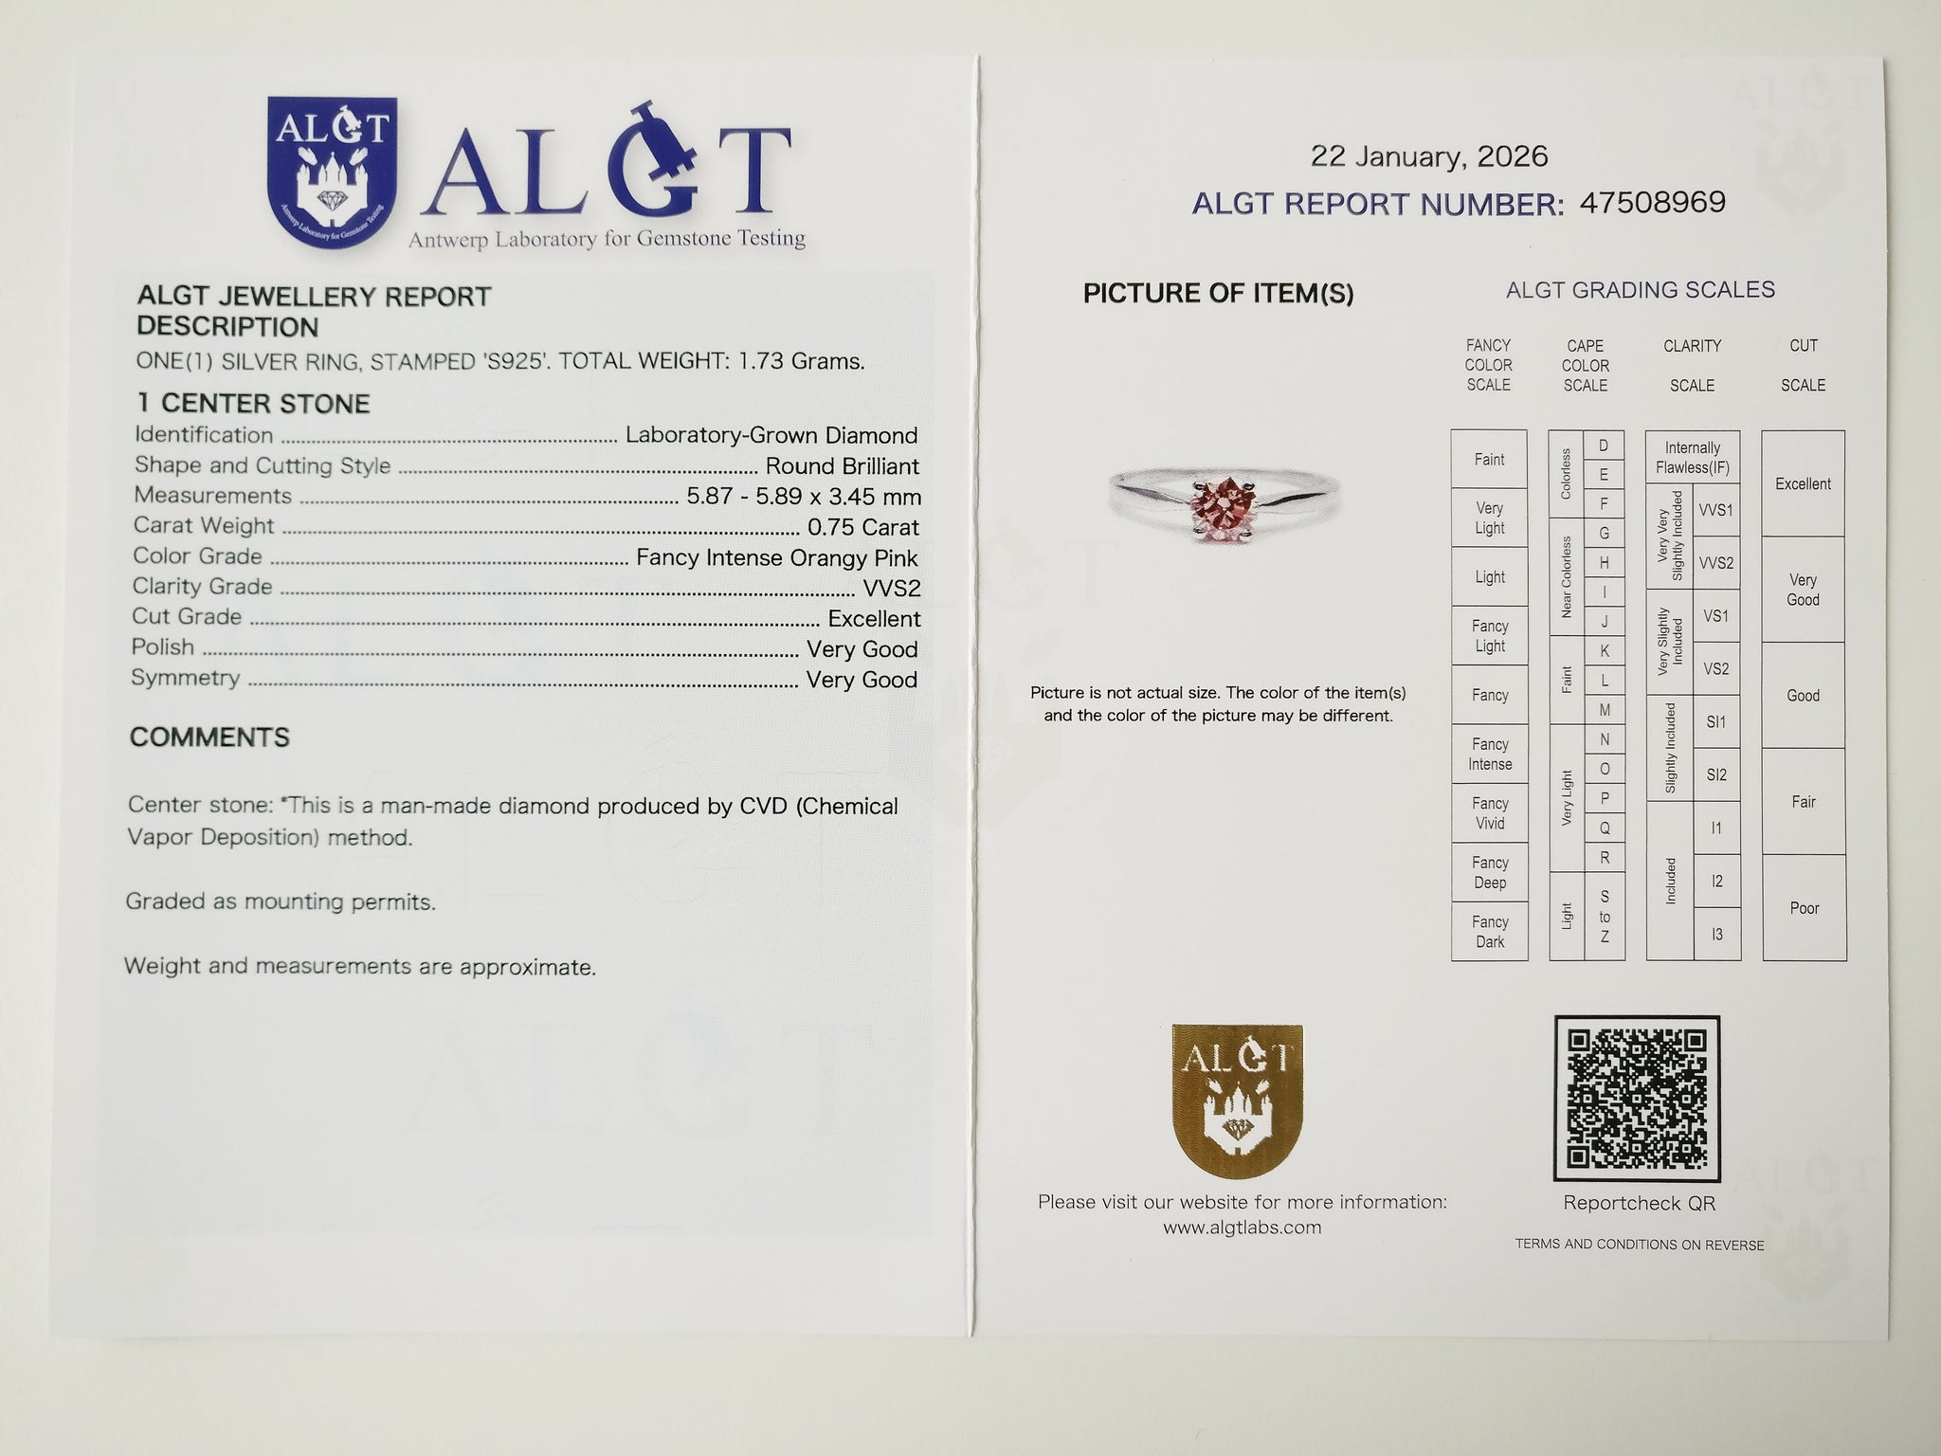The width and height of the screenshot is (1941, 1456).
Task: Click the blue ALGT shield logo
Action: [x=332, y=172]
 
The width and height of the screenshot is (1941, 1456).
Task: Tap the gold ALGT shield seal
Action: [x=1237, y=1101]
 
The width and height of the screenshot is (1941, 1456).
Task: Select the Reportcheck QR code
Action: [x=1637, y=1098]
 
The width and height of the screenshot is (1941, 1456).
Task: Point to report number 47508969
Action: [x=1652, y=203]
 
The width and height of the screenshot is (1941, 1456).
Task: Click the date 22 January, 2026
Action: [x=1428, y=156]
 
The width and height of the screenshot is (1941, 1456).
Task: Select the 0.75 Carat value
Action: [x=862, y=527]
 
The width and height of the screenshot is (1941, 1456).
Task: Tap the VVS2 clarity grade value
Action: [x=891, y=589]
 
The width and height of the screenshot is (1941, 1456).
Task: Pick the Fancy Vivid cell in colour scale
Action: [x=1489, y=813]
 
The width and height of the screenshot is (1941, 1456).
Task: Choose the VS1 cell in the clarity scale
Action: [x=1715, y=616]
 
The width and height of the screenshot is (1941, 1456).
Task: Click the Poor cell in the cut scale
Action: [x=1804, y=908]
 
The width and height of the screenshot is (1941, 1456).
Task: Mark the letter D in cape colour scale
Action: [x=1604, y=446]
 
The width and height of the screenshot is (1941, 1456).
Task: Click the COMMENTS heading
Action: [x=209, y=737]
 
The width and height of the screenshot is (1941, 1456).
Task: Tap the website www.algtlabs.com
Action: [x=1242, y=1228]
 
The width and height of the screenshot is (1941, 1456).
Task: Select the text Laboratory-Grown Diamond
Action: [x=771, y=436]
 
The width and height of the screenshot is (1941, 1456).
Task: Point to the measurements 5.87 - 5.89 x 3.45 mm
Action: [x=803, y=497]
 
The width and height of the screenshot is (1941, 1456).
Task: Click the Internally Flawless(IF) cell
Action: [x=1692, y=458]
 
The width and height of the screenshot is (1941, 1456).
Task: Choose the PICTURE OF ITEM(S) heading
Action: [x=1218, y=294]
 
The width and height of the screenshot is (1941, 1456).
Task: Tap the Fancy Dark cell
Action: [x=1489, y=932]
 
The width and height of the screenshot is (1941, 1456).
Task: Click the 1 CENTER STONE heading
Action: [x=253, y=404]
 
